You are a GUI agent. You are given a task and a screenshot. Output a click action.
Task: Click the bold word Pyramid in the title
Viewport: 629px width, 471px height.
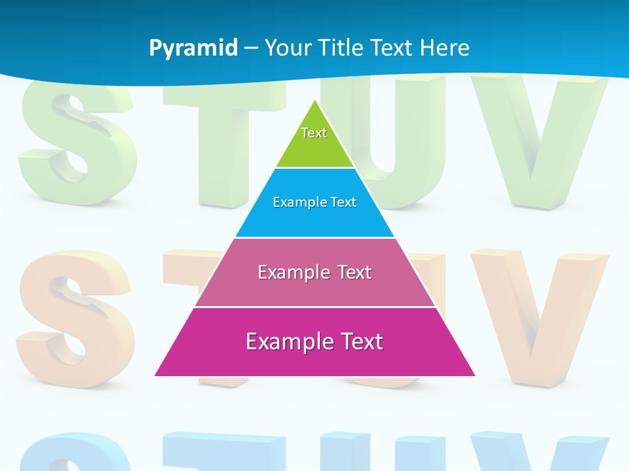[193, 48]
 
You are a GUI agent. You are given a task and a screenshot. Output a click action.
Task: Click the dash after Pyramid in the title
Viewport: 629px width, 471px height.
[251, 48]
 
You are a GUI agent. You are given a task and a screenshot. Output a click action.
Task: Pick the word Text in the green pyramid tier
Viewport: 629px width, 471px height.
[314, 133]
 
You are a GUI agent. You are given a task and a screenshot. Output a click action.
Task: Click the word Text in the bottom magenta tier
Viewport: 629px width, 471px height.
[360, 341]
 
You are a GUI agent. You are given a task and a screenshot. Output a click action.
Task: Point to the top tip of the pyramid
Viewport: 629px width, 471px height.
[315, 101]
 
